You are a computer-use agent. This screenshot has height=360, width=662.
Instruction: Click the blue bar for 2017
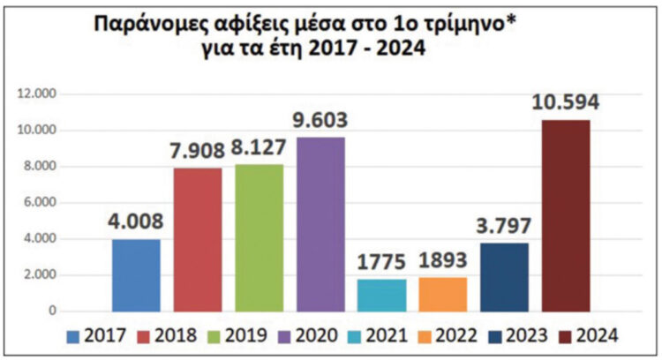pyautogui.click(x=137, y=275)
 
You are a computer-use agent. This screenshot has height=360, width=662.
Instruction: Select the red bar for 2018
pyautogui.click(x=198, y=240)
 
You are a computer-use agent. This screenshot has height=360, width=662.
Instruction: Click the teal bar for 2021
pyautogui.click(x=382, y=295)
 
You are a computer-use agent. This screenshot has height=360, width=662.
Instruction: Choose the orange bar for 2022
pyautogui.click(x=443, y=294)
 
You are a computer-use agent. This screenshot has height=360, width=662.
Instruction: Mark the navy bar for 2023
pyautogui.click(x=504, y=277)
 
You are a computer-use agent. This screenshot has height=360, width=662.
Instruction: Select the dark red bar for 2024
pyautogui.click(x=566, y=215)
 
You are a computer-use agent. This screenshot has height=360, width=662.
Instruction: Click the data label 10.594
pyautogui.click(x=566, y=103)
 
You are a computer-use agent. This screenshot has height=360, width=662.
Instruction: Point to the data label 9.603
pyautogui.click(x=320, y=120)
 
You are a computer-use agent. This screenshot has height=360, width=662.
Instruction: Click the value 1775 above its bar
pyautogui.click(x=382, y=263)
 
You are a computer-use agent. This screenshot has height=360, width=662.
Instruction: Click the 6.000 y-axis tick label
pyautogui.click(x=42, y=202)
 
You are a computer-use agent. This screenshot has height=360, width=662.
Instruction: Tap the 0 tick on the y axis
pyautogui.click(x=52, y=311)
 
